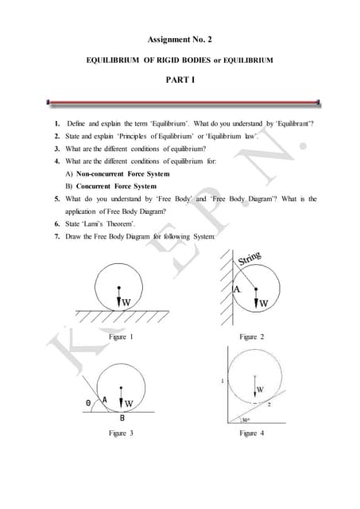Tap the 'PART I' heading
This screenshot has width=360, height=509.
(x=180, y=80)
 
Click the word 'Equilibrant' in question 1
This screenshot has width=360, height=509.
(x=289, y=125)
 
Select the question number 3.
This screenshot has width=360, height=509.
(x=57, y=149)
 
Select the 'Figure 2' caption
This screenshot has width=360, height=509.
(x=251, y=337)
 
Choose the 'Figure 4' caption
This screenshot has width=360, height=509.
(x=251, y=433)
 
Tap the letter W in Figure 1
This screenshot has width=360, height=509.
(x=126, y=302)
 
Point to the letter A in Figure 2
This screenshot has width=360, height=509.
(x=236, y=289)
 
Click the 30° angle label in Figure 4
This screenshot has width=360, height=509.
(x=246, y=421)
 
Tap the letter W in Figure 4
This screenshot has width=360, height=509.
(x=260, y=389)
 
